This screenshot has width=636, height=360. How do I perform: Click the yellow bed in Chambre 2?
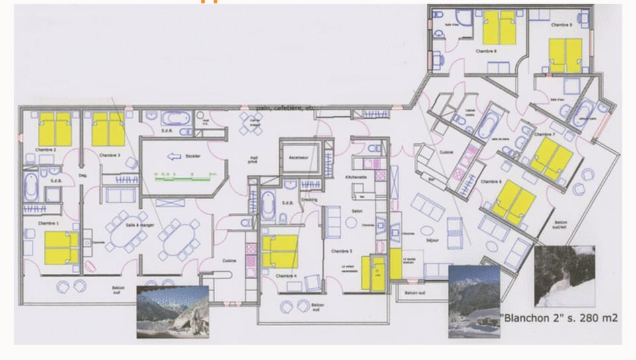pyautogui.click(x=54, y=129)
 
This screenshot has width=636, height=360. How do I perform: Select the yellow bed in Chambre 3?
pyautogui.click(x=107, y=129)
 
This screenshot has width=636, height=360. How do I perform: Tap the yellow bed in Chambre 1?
pyautogui.click(x=61, y=248)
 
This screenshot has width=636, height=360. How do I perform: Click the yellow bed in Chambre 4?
pyautogui.click(x=280, y=251)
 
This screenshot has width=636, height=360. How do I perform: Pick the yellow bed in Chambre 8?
pyautogui.click(x=499, y=28)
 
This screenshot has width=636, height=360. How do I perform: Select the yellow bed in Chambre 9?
pyautogui.click(x=565, y=55)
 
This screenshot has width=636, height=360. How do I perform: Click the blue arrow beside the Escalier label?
pyautogui.click(x=174, y=157)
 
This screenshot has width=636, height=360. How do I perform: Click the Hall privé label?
pyautogui.click(x=254, y=158)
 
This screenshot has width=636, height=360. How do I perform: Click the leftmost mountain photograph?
pyautogui.click(x=172, y=312)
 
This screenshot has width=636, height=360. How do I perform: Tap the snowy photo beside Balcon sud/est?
pyautogui.click(x=564, y=276)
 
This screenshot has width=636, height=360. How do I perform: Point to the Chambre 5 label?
pyautogui.click(x=342, y=251)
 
